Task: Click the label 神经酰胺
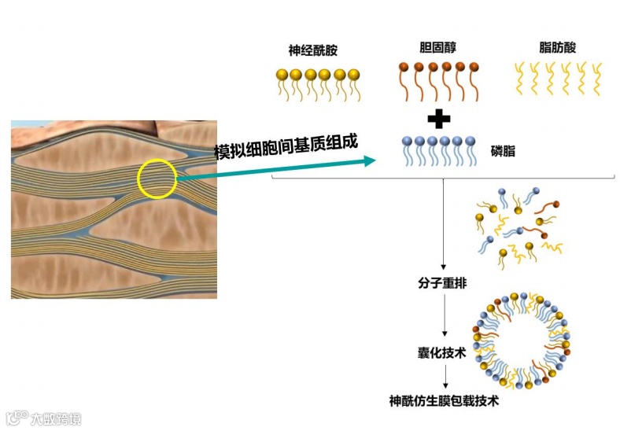click(313, 51)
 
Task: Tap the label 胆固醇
click(437, 47)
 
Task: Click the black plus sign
click(438, 119)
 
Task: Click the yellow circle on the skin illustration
click(157, 179)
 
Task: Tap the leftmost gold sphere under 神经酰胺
click(282, 75)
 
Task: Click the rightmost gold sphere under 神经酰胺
click(353, 75)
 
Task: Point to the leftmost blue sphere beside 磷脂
click(407, 142)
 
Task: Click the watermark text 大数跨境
click(55, 419)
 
